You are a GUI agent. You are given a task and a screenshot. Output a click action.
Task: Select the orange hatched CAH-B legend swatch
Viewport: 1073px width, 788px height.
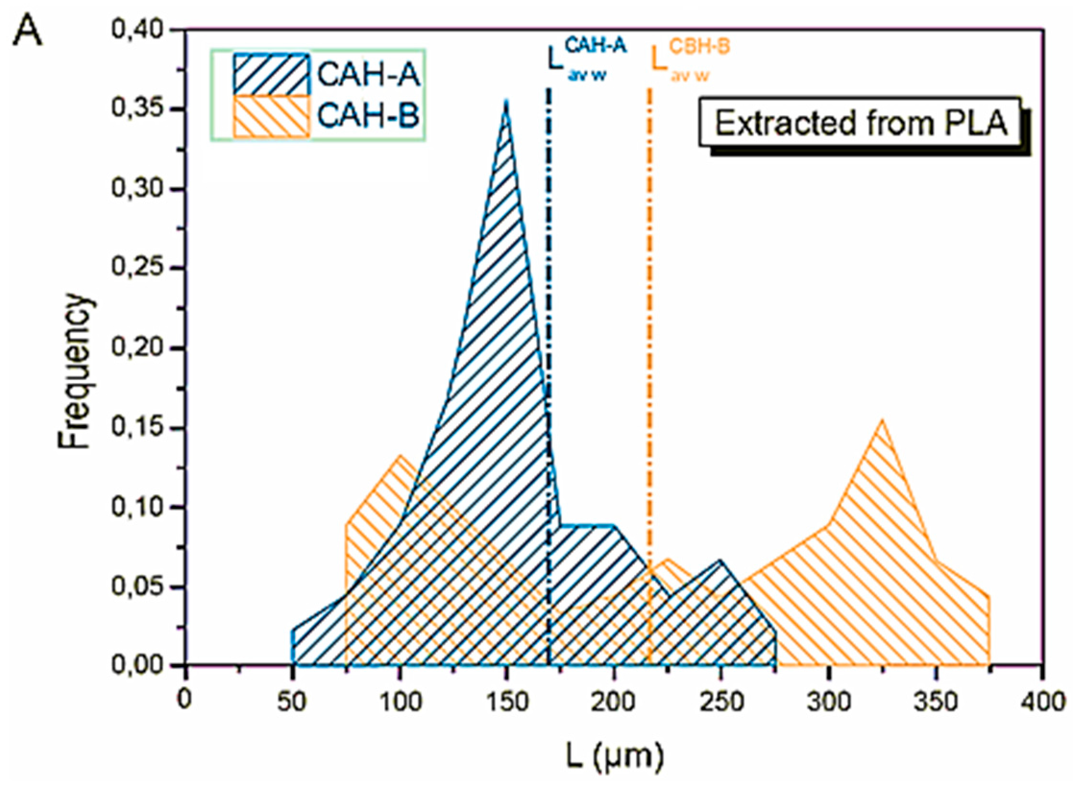[271, 116]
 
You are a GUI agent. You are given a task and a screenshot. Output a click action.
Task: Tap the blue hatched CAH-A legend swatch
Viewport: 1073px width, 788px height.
[271, 75]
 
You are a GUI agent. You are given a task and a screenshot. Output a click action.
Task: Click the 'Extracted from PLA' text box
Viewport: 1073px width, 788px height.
[860, 123]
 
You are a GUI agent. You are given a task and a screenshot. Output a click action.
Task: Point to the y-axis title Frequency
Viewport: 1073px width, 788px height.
[75, 372]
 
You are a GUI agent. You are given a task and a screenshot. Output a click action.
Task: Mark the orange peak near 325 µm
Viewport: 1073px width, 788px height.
[882, 422]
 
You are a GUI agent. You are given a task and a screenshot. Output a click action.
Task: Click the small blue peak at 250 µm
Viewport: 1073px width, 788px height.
[720, 561]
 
